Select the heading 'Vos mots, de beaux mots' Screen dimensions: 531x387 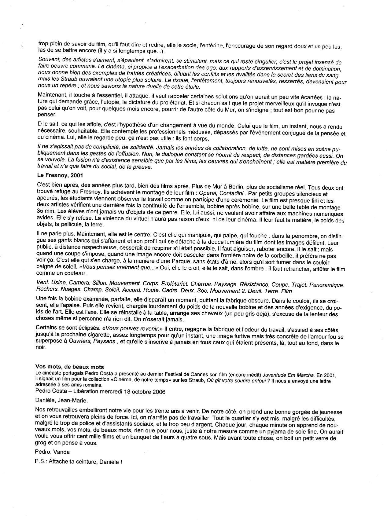[x=69, y=367]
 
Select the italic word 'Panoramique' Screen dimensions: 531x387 [x=327, y=285]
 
